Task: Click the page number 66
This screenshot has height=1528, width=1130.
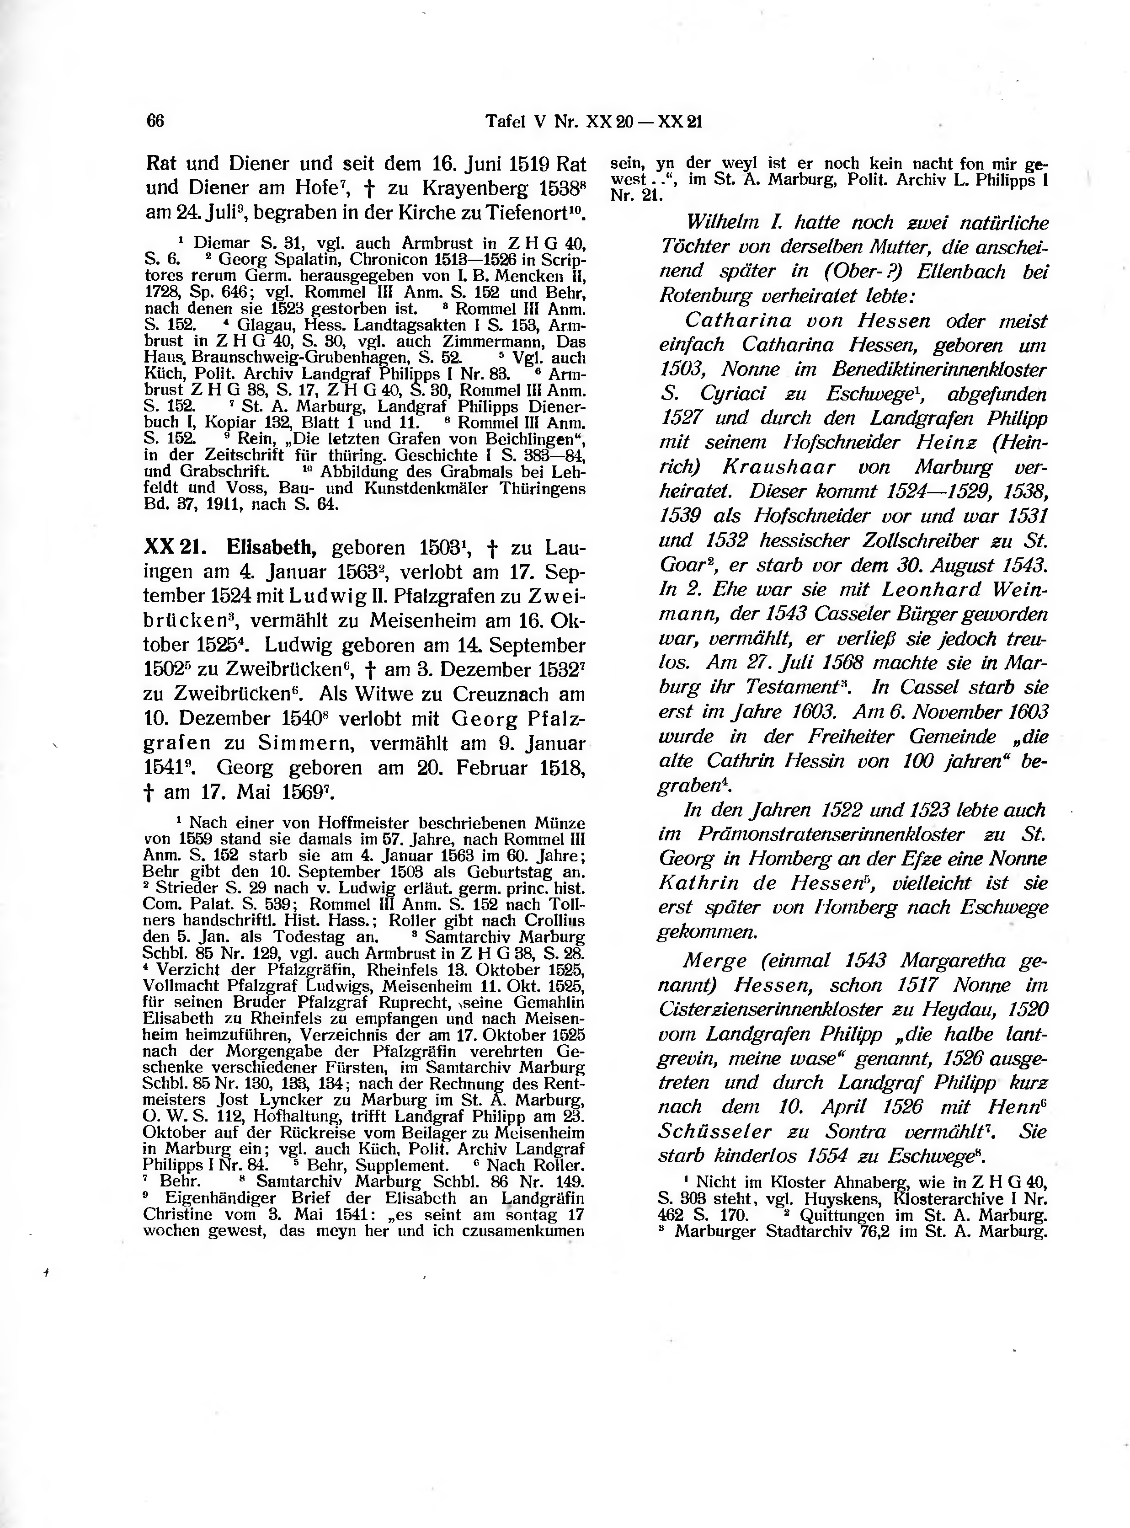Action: [155, 121]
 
